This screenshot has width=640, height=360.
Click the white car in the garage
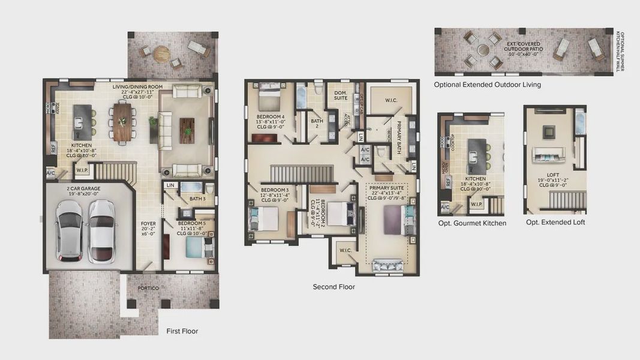[101, 231]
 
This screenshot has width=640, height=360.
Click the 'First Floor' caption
[182, 331]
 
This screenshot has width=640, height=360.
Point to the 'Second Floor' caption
[333, 287]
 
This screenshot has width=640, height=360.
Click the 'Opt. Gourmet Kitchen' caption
[471, 223]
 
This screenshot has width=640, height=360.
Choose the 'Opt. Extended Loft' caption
[555, 223]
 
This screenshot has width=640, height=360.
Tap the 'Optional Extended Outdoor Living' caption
[487, 85]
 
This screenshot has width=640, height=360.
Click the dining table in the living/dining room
[122, 122]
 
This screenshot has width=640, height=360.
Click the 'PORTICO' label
[148, 288]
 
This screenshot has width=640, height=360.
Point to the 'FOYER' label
[148, 224]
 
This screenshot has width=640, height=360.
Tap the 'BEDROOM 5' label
[193, 223]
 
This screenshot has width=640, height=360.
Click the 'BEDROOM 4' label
[270, 116]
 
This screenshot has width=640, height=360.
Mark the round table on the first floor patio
[161, 54]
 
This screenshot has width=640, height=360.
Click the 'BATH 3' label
[197, 199]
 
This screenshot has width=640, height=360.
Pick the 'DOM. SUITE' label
[341, 95]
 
